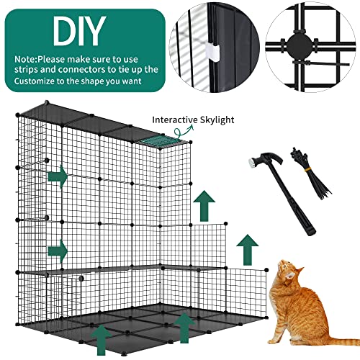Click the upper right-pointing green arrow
coord(57,176)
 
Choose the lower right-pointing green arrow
coord(57,251)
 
